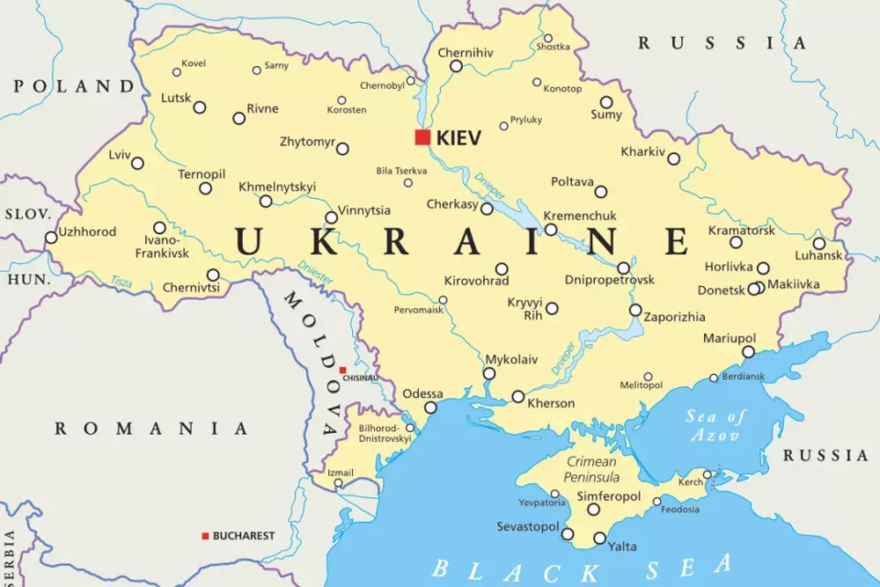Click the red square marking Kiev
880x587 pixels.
[x=423, y=137]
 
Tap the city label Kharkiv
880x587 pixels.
[x=643, y=151]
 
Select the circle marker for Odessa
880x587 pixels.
[x=430, y=407]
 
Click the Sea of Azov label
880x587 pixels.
[x=715, y=426]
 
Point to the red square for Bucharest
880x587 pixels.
[x=205, y=536]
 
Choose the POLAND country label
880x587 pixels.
[x=74, y=86]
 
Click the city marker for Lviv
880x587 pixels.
[x=137, y=163]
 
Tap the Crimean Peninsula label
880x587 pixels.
[x=592, y=469]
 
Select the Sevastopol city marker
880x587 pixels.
[x=568, y=534]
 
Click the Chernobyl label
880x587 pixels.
[x=381, y=85]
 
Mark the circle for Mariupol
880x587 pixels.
[x=748, y=352]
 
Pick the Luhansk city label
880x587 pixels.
[x=818, y=256]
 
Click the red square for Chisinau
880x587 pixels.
[x=342, y=371]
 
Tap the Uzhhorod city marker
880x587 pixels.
[x=51, y=238]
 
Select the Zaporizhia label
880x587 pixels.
[x=674, y=317]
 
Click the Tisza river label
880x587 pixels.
[x=121, y=282]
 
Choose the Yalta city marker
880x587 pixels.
[x=599, y=539]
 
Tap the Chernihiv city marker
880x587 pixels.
[x=456, y=66]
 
